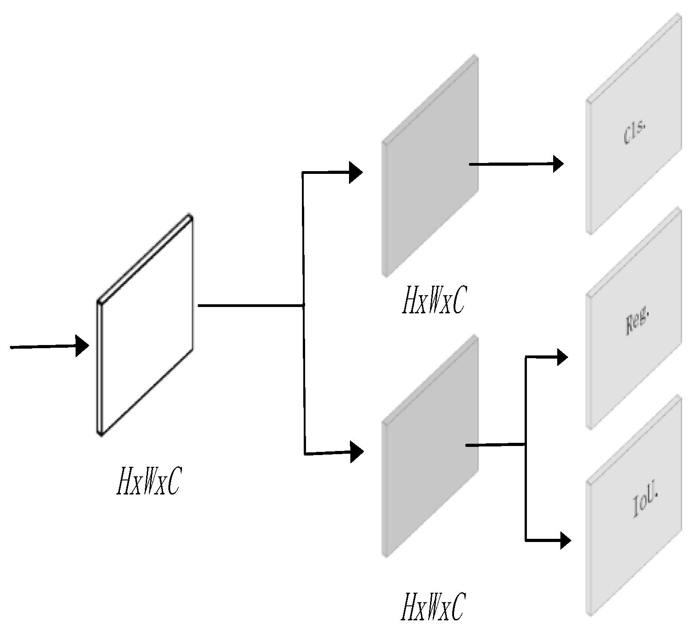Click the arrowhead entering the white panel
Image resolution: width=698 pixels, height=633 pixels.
point(82,346)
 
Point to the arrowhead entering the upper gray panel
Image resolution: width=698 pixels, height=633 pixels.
point(356,172)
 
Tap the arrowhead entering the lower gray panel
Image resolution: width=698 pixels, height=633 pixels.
point(357,451)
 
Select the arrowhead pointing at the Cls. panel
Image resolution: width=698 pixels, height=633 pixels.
point(558,163)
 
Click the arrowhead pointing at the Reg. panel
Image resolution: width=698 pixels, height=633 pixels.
point(562,357)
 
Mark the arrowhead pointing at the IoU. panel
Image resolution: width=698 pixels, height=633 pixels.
point(565,540)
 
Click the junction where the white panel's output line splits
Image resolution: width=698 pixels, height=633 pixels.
point(303,306)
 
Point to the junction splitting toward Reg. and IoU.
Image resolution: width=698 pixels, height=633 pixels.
point(525,445)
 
